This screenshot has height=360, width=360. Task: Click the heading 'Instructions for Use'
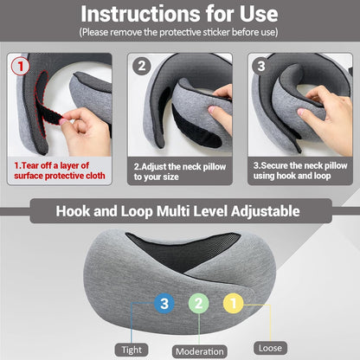[x=179, y=15]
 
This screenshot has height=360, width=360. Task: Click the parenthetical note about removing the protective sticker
[x=179, y=32]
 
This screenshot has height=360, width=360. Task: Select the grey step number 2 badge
[x=143, y=65]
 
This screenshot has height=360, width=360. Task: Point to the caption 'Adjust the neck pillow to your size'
[x=177, y=171]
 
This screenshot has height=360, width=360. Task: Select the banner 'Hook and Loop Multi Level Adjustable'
[x=179, y=210]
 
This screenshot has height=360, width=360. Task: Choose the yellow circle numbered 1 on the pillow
[x=233, y=302]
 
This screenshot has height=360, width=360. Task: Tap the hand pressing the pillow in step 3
[x=329, y=121]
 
